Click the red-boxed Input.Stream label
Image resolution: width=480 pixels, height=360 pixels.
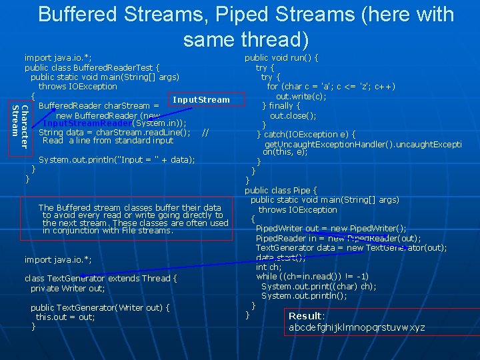pos(201,100)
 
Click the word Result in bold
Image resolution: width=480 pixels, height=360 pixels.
pos(305,315)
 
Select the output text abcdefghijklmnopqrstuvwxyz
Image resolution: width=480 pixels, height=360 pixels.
pos(357,327)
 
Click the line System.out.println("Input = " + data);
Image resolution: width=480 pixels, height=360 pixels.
pos(117,160)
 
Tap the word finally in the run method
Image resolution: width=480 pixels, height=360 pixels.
pos(285,105)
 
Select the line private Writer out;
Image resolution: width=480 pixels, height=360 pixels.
pos(67,288)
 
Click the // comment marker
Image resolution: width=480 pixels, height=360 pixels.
pos(205,133)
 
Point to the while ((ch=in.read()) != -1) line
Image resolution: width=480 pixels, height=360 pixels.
pos(312,276)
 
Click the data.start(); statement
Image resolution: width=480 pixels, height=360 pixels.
pos(281,257)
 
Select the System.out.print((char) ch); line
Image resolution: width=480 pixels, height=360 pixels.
pos(319,286)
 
